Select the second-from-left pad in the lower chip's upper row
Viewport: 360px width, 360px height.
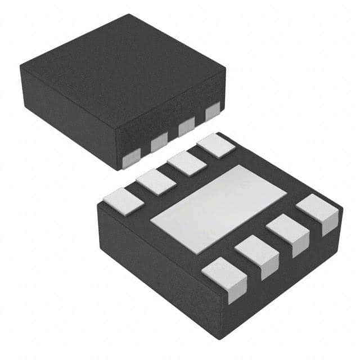(156, 182)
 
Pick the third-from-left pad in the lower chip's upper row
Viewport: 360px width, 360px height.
(186, 163)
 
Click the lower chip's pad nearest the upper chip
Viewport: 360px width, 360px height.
(216, 145)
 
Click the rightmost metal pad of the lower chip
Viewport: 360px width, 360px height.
(318, 210)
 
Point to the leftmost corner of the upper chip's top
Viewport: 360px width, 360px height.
(20, 66)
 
